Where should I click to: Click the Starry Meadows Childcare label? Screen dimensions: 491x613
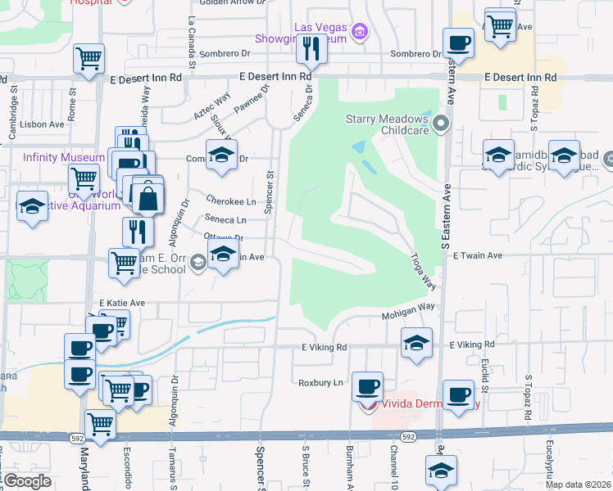(387, 124)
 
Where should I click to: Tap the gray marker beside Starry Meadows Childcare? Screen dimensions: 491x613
(441, 124)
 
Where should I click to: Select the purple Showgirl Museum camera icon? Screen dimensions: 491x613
(358, 32)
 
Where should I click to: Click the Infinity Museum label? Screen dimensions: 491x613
(64, 157)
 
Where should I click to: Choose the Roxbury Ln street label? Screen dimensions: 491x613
(320, 382)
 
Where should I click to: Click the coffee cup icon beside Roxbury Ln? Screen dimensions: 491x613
(367, 385)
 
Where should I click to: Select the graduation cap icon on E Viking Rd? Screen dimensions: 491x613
(416, 342)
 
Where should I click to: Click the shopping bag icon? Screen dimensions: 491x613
(148, 197)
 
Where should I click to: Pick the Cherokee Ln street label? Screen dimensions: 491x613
(231, 200)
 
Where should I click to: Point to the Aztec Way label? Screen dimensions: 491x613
(211, 107)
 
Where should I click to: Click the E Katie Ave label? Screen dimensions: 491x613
(122, 303)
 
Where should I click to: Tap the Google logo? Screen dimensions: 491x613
(28, 481)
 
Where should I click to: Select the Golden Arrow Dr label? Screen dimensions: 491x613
(233, 2)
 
